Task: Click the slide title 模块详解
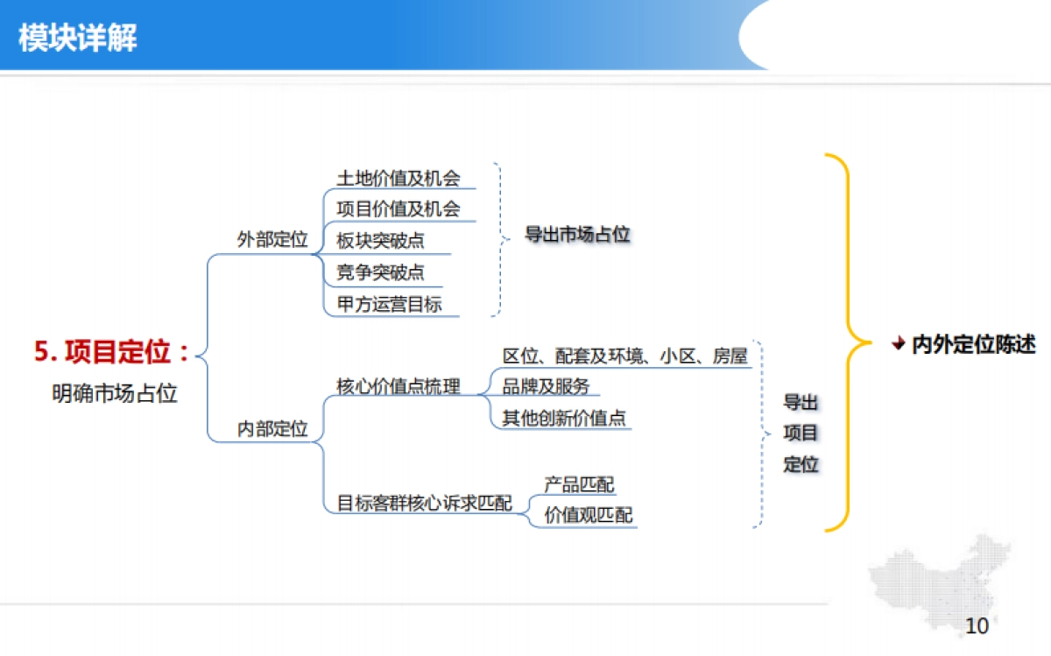(78, 39)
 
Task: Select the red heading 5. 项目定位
(112, 352)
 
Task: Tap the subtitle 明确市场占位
(115, 393)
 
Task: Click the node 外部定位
(272, 239)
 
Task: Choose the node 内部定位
(272, 429)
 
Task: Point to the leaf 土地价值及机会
(399, 179)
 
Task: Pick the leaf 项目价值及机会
(399, 209)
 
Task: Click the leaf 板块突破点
(381, 242)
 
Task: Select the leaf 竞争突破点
(381, 272)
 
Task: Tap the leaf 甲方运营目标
(390, 305)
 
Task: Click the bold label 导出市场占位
(577, 235)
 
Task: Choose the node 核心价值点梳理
(399, 386)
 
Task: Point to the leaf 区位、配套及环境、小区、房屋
(625, 356)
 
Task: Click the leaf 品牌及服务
(546, 386)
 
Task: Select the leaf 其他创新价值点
(565, 418)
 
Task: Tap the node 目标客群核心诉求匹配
(425, 504)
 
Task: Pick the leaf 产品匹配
(580, 484)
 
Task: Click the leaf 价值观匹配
(589, 515)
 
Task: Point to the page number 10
(976, 626)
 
